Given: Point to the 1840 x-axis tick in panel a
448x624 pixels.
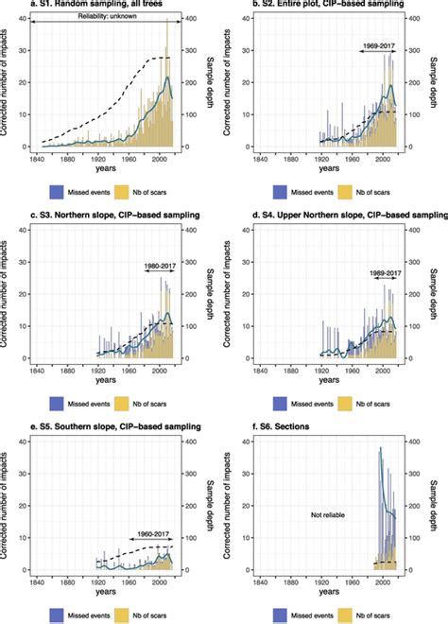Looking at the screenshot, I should point(42,158).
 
